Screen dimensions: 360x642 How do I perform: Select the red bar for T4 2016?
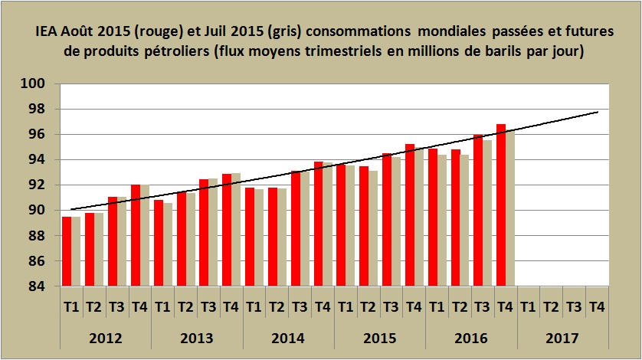pyautogui.click(x=500, y=205)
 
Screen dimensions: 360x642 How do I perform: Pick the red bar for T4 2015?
pyautogui.click(x=409, y=215)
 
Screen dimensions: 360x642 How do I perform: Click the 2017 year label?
pyautogui.click(x=562, y=338)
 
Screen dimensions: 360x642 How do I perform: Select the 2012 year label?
pyautogui.click(x=106, y=338)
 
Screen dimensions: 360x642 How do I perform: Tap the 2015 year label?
pyautogui.click(x=380, y=338)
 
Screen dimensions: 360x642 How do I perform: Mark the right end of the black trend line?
pyautogui.click(x=598, y=112)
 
